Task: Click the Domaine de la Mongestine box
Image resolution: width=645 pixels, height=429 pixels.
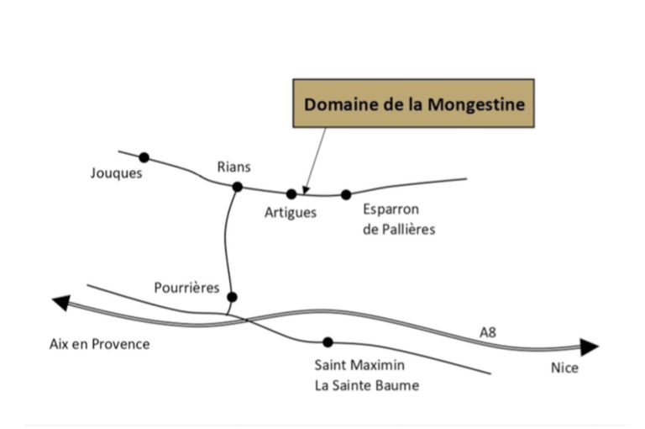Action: tap(413, 105)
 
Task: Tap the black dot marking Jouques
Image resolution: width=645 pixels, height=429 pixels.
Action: tap(144, 157)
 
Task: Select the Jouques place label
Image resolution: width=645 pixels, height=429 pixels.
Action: tap(117, 174)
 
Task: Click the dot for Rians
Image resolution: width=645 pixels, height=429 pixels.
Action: tap(238, 187)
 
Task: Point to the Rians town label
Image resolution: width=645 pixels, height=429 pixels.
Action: tap(233, 167)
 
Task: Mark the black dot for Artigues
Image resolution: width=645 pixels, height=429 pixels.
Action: tap(291, 194)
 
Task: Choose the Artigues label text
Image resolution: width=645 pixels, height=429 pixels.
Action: tap(291, 213)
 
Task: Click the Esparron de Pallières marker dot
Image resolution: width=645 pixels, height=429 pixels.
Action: tap(346, 195)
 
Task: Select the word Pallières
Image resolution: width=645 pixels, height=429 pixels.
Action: tap(409, 229)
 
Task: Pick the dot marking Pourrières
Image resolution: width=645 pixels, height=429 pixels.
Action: tap(232, 297)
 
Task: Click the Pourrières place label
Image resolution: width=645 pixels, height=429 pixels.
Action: tap(186, 288)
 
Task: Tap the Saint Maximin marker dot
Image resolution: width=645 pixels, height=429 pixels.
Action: tap(328, 342)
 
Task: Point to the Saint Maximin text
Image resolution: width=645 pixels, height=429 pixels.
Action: tap(359, 365)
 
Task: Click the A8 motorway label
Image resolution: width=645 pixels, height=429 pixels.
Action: tap(488, 332)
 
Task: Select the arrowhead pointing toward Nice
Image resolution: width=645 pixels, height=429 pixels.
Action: tap(590, 347)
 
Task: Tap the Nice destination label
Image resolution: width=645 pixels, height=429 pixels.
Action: tap(564, 368)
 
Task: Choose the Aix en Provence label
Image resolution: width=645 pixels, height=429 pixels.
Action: tap(99, 344)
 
